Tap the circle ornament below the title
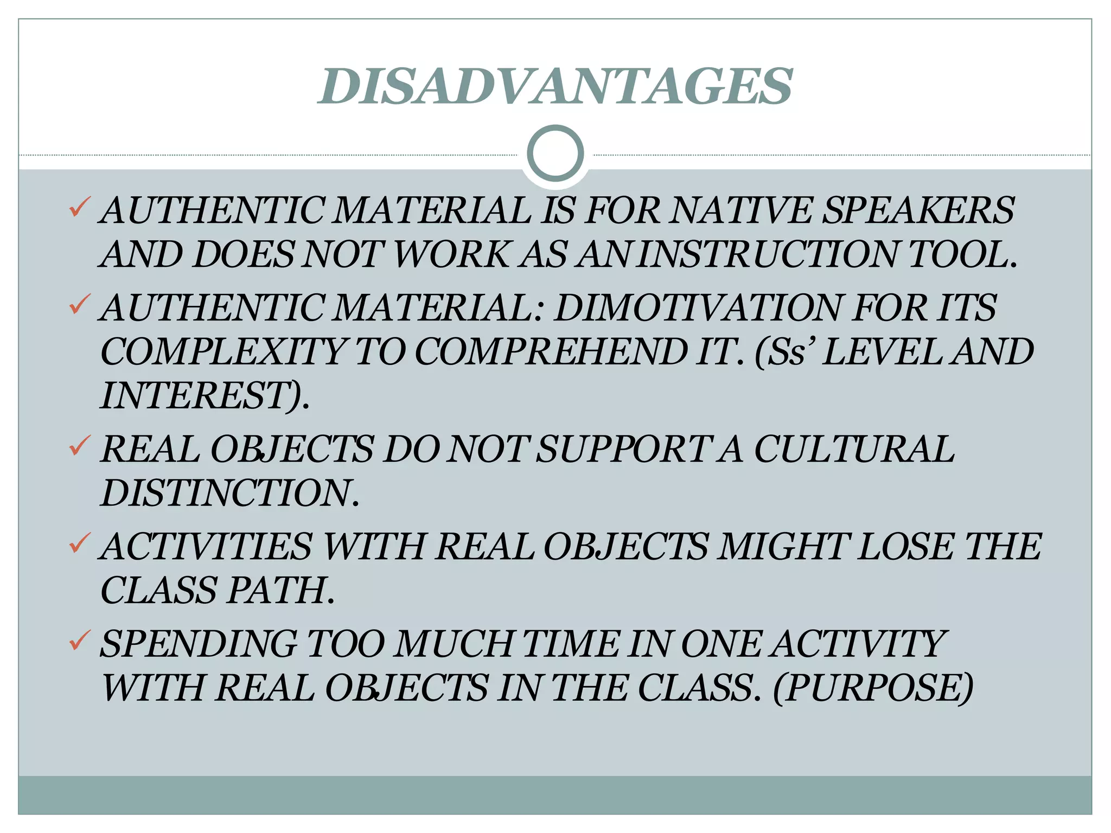point(555,153)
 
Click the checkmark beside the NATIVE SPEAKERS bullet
point(79,207)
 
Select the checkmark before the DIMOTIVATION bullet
point(79,305)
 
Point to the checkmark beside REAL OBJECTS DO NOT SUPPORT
point(79,446)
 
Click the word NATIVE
point(740,210)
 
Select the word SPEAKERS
point(918,210)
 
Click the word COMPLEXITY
point(222,352)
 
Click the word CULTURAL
point(854,450)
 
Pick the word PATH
point(278,590)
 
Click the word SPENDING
point(198,644)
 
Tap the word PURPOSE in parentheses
point(873,688)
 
